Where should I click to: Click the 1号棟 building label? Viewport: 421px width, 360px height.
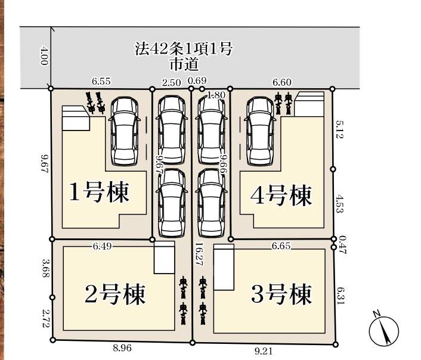click(100, 192)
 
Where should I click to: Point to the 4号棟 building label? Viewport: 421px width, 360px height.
click(281, 195)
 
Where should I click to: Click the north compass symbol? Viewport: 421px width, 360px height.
click(383, 330)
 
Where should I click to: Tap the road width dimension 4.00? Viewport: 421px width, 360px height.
click(44, 55)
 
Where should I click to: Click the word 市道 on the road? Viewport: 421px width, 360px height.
click(184, 64)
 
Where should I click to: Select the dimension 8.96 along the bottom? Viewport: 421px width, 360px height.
click(122, 348)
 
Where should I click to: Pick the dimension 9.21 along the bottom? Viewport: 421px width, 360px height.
click(263, 351)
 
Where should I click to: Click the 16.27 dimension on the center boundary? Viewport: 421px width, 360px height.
click(199, 255)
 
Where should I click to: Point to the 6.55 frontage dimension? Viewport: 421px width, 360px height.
click(101, 81)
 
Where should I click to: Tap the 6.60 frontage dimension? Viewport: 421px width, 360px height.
click(282, 82)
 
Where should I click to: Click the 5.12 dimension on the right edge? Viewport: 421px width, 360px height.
click(340, 129)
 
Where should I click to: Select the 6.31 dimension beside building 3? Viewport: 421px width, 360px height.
click(340, 296)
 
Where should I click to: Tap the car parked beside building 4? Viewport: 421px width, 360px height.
click(260, 131)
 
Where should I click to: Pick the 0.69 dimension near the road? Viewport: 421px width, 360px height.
click(197, 80)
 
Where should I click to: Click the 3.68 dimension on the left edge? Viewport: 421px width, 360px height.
click(45, 268)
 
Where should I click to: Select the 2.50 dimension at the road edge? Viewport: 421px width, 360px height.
click(171, 83)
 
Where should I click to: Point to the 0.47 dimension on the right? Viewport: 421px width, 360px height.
click(342, 244)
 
